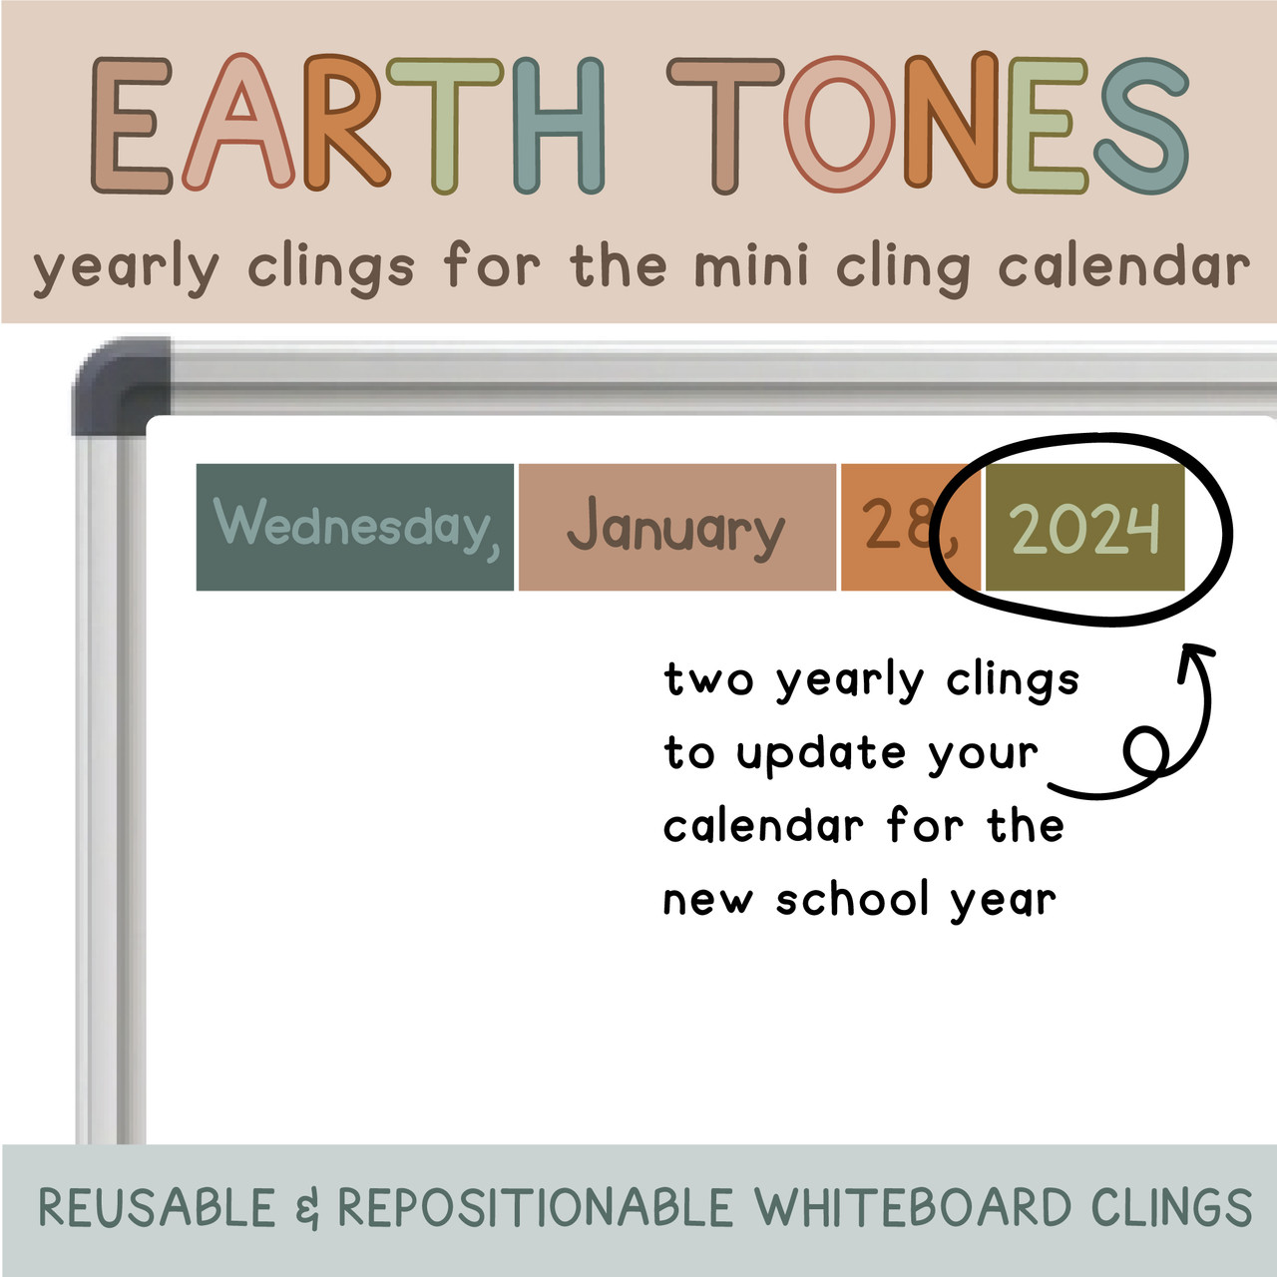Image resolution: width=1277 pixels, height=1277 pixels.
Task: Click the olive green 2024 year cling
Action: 1084,528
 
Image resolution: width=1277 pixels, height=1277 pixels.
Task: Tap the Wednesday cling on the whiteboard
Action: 355,527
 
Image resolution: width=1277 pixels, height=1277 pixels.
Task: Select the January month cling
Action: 676,528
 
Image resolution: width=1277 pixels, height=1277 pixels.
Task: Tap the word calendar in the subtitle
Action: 1123,267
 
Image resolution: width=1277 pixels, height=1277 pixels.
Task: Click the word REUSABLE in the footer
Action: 157,1208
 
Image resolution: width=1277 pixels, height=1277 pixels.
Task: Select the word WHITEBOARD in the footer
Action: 912,1208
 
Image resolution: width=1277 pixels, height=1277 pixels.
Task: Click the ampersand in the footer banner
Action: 307,1209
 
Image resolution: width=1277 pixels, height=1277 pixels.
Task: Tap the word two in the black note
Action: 708,680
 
